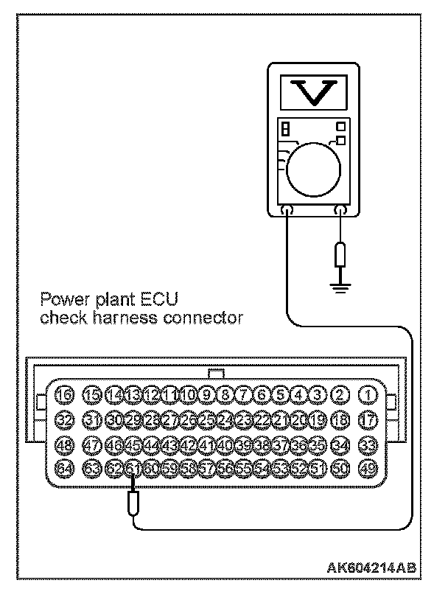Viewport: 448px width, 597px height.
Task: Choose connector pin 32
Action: click(65, 419)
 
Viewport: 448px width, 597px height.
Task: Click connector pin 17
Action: click(366, 419)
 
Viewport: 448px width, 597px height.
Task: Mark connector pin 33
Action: click(366, 444)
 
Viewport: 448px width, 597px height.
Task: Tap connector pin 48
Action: click(65, 444)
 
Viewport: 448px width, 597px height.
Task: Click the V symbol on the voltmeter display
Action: click(313, 91)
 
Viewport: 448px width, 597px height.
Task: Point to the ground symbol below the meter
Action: click(340, 284)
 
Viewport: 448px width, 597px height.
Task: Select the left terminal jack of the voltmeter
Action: click(287, 212)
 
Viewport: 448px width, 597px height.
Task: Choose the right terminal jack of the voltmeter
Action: click(340, 212)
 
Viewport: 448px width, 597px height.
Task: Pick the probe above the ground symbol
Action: click(340, 255)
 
